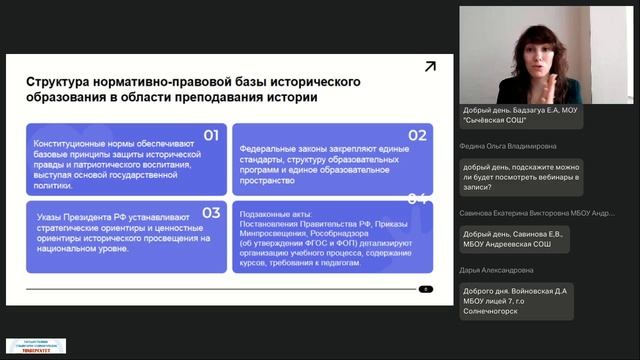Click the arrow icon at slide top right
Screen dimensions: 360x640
coord(430,67)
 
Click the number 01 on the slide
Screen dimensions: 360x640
coord(211,135)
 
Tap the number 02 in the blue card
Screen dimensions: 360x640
coord(417,135)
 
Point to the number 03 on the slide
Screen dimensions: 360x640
coord(211,212)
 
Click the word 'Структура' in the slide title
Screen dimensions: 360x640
coord(58,81)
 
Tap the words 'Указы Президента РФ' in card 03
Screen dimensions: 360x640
coord(76,217)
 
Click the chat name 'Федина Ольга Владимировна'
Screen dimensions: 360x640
coord(506,144)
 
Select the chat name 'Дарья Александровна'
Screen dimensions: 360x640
coord(498,270)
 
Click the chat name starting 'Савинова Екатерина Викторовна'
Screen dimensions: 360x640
coord(538,213)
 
